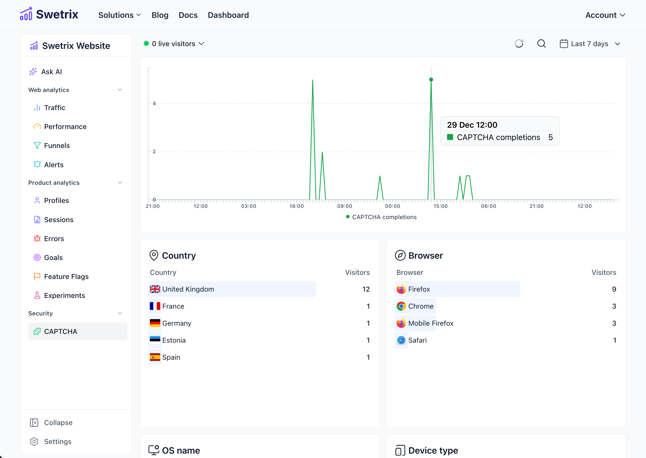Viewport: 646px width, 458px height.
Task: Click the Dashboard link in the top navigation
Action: pos(228,15)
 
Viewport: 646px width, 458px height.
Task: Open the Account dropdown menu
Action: pos(605,15)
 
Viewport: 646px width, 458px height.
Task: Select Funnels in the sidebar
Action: pos(57,146)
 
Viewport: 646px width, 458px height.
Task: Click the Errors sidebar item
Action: pos(54,239)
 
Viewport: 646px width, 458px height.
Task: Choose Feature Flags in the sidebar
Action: pos(66,277)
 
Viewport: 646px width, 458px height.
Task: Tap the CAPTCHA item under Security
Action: pos(61,331)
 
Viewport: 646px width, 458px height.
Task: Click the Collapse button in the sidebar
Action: pos(58,423)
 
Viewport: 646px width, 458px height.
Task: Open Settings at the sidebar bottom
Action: pos(58,441)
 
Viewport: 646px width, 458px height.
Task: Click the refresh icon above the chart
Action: pos(519,44)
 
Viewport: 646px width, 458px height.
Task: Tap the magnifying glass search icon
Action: pos(541,44)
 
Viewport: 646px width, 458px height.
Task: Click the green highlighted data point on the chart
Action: pos(431,80)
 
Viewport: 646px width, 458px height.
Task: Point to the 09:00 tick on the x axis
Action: pos(344,206)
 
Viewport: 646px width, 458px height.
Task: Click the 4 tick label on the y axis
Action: pos(154,104)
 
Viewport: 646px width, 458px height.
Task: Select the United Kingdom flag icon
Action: pos(155,289)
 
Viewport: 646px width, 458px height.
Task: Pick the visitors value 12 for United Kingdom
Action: pos(366,289)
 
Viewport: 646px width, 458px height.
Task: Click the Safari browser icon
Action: pos(401,340)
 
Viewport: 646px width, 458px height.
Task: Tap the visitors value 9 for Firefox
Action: pos(614,289)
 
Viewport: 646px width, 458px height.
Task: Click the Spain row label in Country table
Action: pos(171,357)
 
